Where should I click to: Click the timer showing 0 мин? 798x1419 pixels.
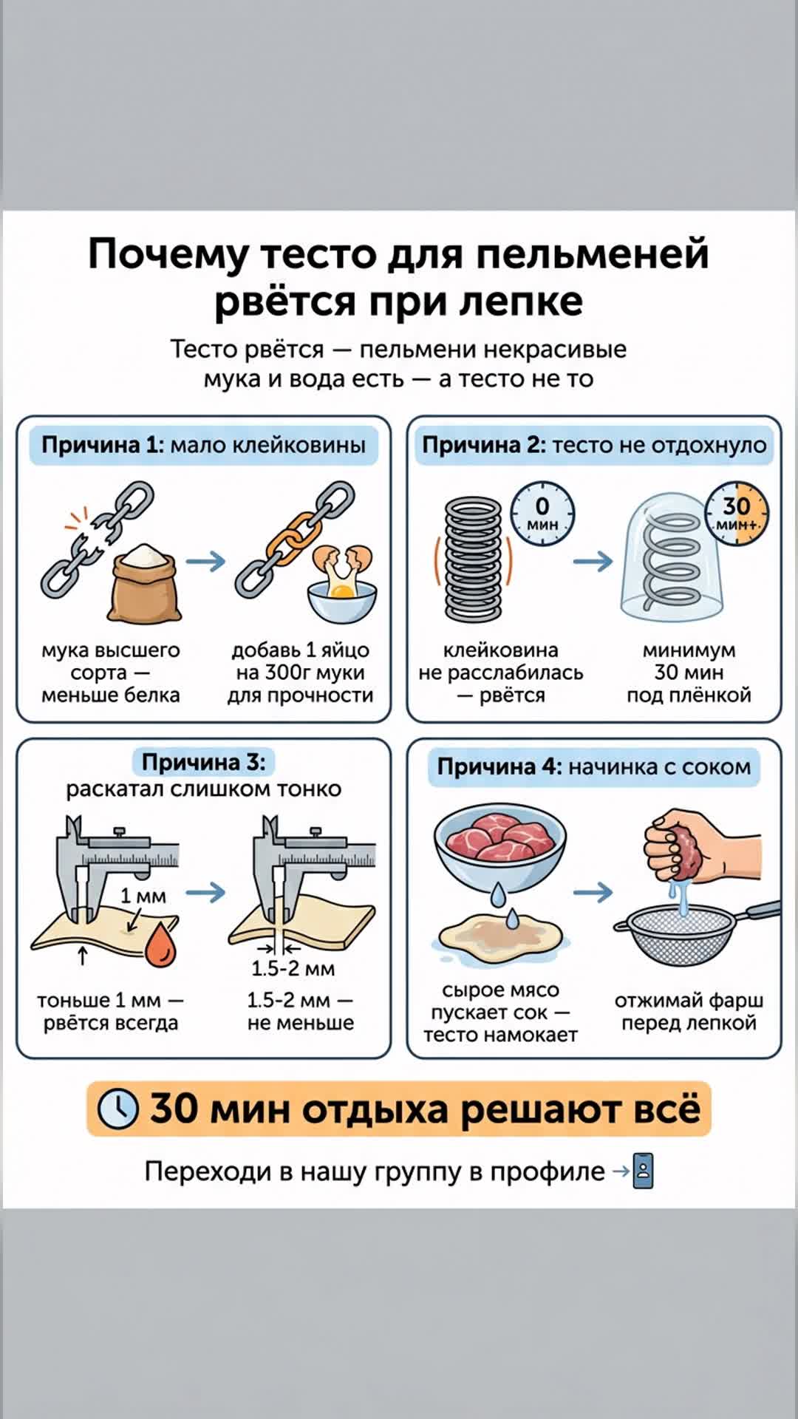(x=542, y=514)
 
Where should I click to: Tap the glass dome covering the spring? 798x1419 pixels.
(x=672, y=562)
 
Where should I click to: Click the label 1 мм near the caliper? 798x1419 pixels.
(x=143, y=896)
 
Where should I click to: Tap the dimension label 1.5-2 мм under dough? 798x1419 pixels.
(x=293, y=968)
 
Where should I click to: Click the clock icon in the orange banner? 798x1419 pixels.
(x=118, y=1109)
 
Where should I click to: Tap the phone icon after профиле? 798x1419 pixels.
(x=644, y=1172)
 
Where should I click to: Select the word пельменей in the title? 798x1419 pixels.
(x=592, y=254)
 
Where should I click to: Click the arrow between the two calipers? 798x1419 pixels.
(x=205, y=892)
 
